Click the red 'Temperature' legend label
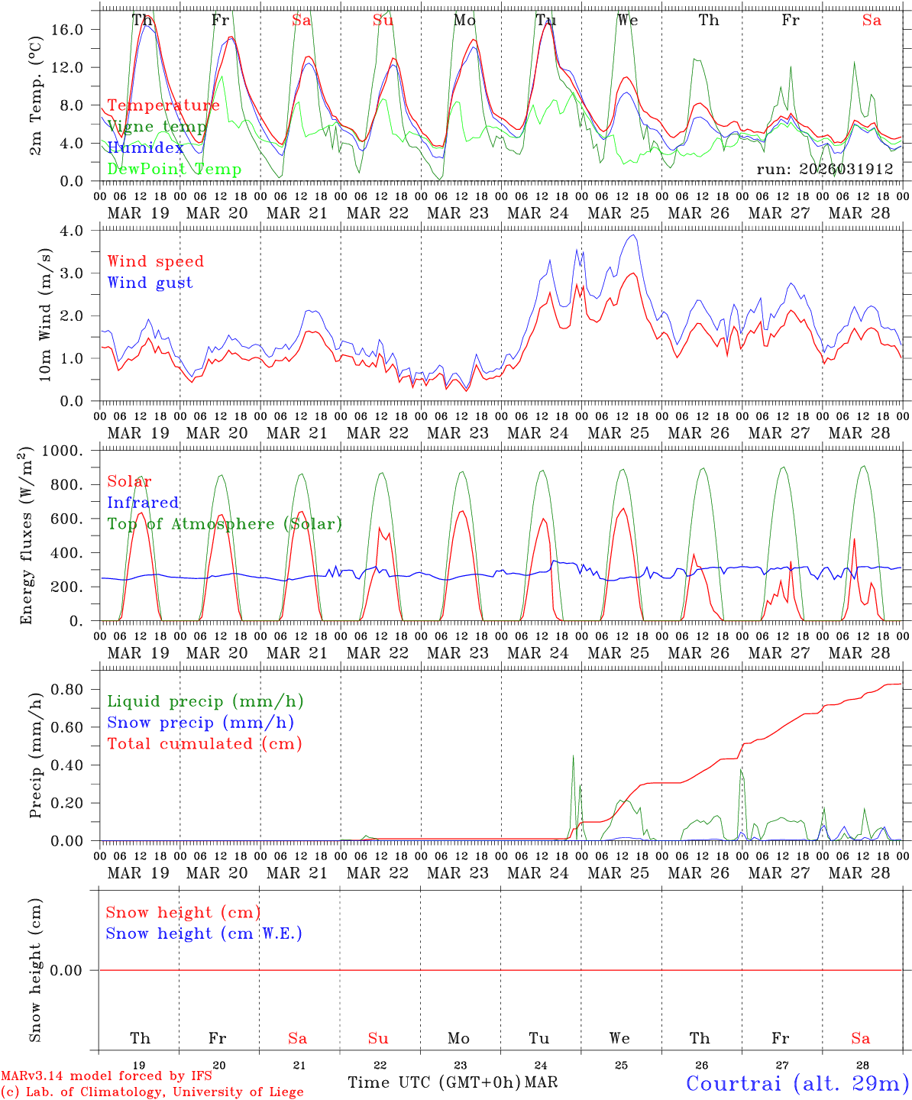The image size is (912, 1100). [163, 105]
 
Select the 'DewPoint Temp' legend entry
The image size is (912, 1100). [174, 169]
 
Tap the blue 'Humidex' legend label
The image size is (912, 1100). [145, 147]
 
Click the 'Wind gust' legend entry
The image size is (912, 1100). [150, 283]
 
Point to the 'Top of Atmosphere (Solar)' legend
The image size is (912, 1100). [224, 524]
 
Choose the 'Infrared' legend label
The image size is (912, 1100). [143, 503]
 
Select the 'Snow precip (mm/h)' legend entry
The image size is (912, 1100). [200, 723]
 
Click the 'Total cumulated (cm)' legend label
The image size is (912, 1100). [204, 743]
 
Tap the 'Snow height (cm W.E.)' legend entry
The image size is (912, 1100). [203, 933]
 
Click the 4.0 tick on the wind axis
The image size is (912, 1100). [75, 230]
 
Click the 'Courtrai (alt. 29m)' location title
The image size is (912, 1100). [797, 1082]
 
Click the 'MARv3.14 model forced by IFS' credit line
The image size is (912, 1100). [106, 1076]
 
